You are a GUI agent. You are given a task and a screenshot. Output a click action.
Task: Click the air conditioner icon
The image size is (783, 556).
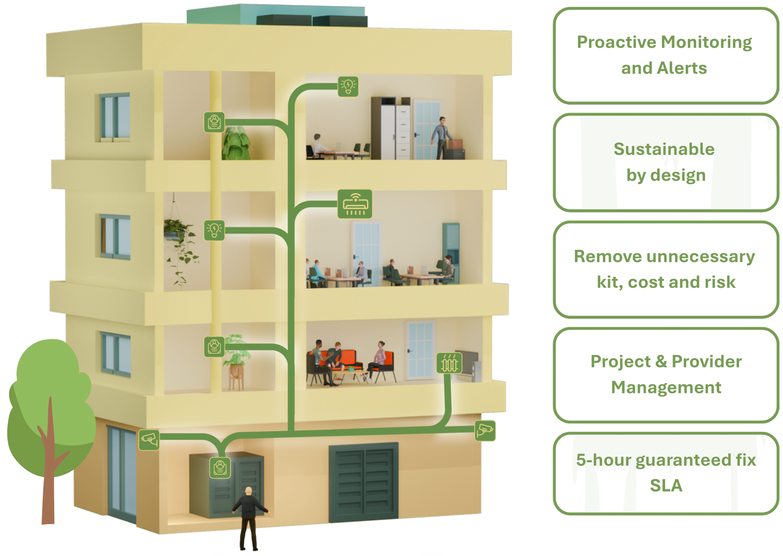355,204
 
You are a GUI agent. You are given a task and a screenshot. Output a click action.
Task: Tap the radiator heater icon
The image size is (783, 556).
449,363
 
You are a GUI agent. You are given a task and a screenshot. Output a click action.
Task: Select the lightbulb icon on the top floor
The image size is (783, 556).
348,86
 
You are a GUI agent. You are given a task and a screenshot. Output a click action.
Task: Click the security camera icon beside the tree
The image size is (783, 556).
149,440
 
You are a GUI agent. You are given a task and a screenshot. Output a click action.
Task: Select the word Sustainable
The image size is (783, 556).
664,149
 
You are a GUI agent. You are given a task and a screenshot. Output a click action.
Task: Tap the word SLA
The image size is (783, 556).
666,486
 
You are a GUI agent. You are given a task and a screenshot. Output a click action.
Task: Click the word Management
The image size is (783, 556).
666,388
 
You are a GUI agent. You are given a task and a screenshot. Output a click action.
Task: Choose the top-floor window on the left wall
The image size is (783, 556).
115,117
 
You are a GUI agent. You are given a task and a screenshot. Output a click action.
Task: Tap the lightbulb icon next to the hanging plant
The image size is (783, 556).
214,230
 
